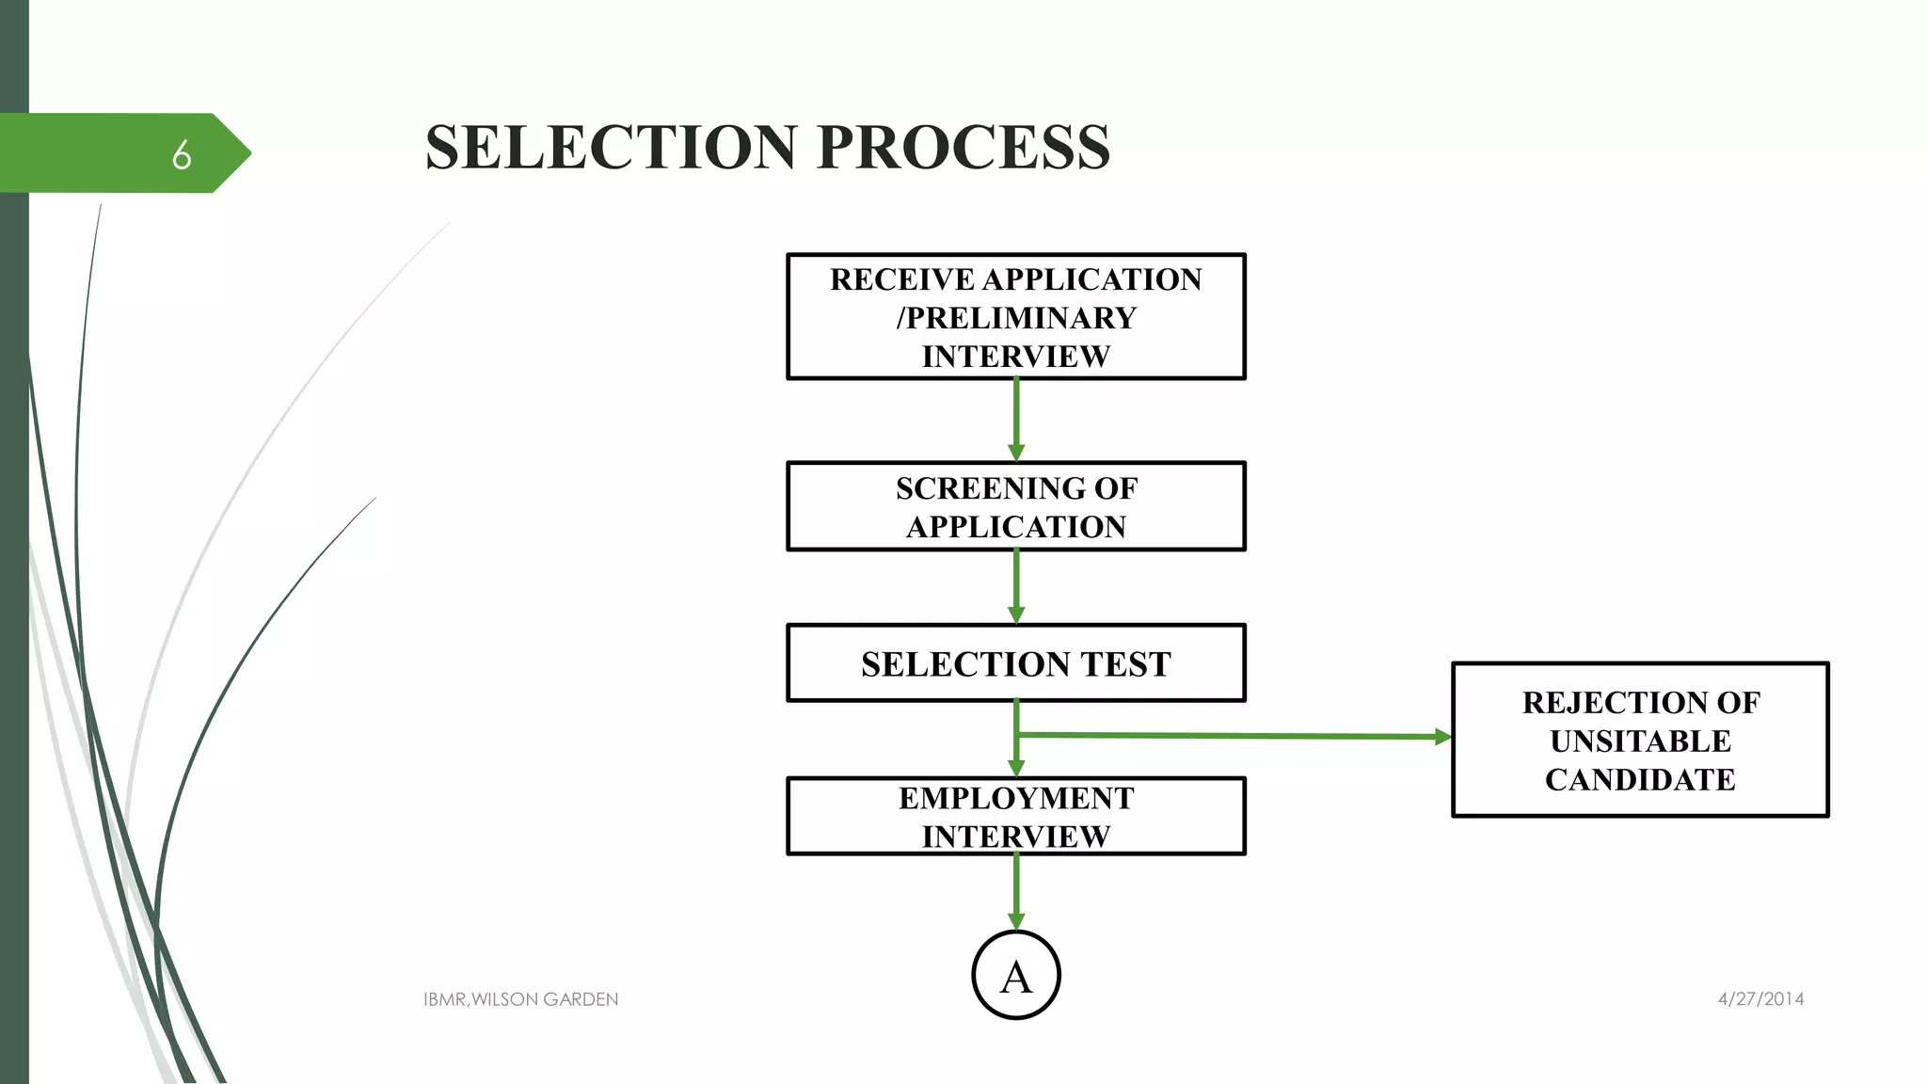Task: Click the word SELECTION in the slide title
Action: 612,148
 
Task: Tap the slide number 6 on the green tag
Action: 182,154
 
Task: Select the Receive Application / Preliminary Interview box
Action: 1015,317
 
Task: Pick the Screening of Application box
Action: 1015,507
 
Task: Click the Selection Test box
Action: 1015,663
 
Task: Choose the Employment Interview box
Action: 1015,817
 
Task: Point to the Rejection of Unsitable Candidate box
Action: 1640,741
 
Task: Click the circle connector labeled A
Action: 1016,976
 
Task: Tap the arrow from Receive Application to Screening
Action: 1016,420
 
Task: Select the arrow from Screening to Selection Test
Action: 1016,586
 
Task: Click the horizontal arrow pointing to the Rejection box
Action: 1233,736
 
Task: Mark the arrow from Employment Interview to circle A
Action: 1016,891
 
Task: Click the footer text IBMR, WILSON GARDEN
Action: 520,999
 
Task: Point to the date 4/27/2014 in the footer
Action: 1760,999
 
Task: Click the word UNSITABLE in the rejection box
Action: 1640,741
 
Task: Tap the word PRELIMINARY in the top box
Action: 1021,318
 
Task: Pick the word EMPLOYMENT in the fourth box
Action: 1015,798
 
